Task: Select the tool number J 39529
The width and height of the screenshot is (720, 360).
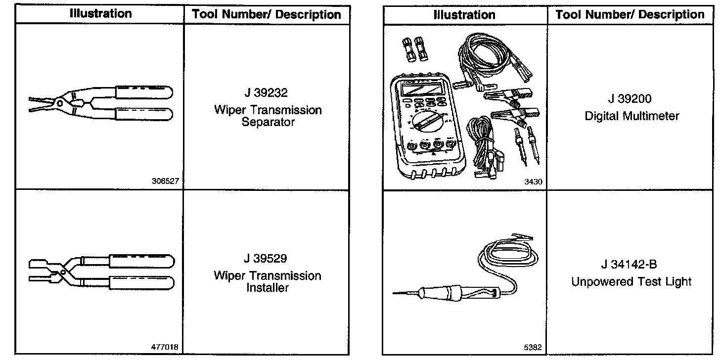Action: click(268, 258)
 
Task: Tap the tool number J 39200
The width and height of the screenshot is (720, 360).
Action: click(631, 99)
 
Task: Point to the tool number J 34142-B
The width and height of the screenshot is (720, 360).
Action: click(631, 265)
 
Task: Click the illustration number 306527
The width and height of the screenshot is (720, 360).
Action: click(166, 181)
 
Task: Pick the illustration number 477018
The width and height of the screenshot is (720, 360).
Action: click(166, 348)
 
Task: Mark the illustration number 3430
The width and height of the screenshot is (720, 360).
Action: click(533, 181)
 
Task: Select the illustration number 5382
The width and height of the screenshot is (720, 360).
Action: click(534, 348)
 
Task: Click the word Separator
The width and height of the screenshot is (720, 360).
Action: click(268, 122)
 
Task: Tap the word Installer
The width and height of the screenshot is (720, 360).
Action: click(268, 288)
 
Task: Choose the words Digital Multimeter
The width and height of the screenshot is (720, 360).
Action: click(631, 116)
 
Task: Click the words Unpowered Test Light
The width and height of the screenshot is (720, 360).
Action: click(631, 282)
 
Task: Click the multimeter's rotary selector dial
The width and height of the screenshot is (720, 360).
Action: click(423, 122)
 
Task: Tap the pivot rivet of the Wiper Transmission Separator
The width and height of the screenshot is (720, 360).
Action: click(59, 102)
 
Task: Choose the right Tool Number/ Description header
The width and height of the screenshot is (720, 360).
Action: click(630, 14)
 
